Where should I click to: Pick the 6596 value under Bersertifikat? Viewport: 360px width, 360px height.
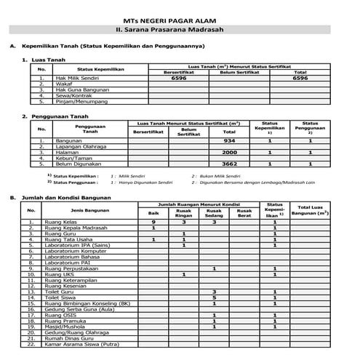pos(179,78)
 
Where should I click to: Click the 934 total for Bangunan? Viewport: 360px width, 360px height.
pos(230,140)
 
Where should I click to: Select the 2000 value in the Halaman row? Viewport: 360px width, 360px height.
pos(230,153)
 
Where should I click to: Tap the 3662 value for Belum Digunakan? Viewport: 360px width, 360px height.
pos(230,165)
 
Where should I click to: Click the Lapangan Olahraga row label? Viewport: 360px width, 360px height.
pos(80,147)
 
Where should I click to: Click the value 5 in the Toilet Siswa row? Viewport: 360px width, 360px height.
pos(214,297)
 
